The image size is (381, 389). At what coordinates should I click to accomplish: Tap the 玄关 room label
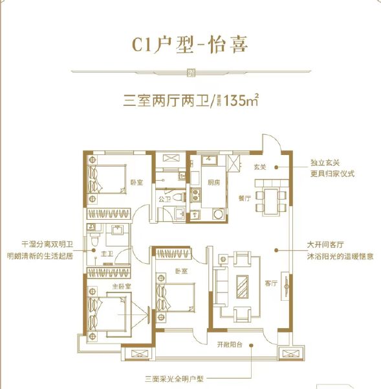coord(261,167)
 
